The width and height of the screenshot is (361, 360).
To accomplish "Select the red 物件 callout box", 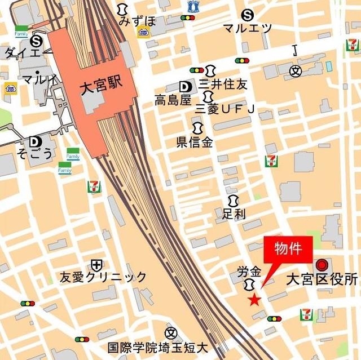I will (288, 249).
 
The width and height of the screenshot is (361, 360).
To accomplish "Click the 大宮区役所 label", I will (322, 279).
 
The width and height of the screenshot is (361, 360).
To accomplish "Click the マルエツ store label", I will (247, 28).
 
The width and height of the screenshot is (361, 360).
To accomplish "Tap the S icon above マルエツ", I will (246, 15).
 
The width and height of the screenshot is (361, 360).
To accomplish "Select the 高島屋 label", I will (173, 100).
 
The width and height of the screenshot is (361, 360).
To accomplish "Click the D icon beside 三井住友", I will (184, 86).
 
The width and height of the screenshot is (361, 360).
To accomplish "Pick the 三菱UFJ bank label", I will (224, 108).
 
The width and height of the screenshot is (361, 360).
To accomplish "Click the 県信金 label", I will (195, 143).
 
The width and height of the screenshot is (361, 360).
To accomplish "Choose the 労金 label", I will (249, 272).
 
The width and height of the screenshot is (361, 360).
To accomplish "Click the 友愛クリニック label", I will (103, 277).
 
